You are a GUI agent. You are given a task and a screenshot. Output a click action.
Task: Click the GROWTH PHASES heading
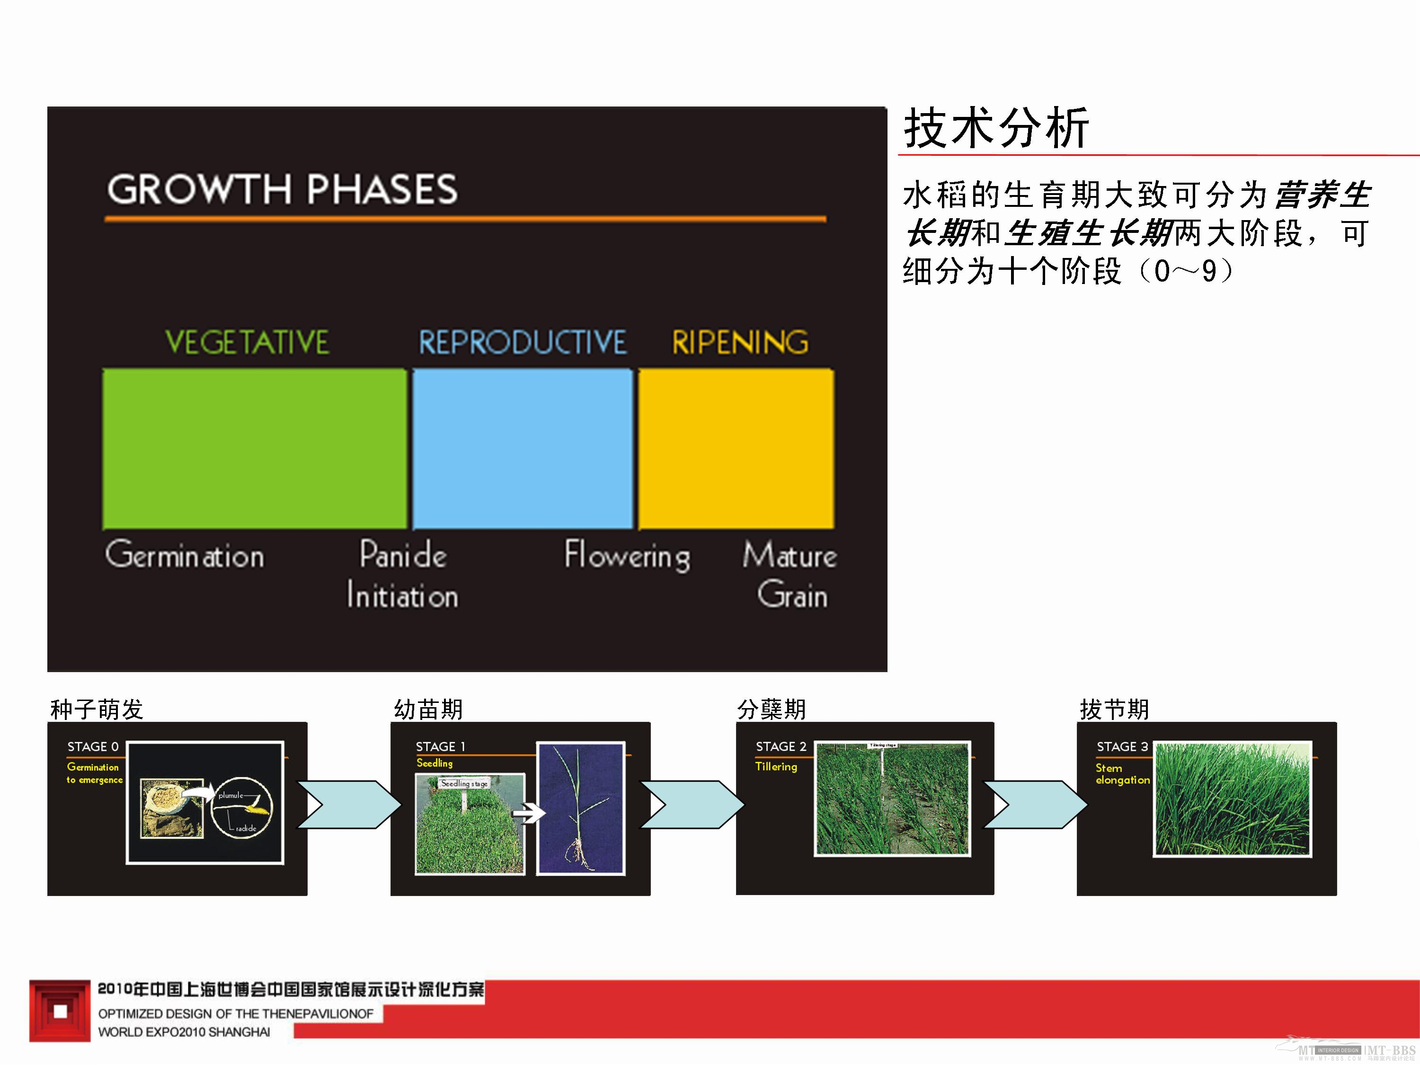pos(283,189)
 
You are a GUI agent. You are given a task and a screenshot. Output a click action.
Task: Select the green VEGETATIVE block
pos(254,448)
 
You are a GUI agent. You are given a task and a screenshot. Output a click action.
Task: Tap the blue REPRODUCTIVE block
pos(522,448)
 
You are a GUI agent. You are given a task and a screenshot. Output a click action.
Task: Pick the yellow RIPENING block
pos(736,448)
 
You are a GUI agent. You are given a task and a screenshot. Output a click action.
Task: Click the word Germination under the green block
pos(185,555)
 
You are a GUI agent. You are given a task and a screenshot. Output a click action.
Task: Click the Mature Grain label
pos(790,575)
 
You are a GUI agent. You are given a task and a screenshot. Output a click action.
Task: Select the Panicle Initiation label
pos(402,575)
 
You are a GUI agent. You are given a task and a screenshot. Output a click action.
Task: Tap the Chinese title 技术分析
pos(996,128)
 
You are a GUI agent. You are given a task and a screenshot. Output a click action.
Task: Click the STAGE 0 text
pos(93,746)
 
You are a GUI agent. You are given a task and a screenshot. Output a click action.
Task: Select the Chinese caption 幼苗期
pos(428,710)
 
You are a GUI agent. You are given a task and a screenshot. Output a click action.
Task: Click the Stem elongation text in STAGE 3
pos(1122,773)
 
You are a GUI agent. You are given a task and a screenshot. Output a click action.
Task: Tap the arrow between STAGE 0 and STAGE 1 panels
pos(348,804)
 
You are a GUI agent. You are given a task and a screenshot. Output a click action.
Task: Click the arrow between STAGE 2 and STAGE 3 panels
pos(1034,804)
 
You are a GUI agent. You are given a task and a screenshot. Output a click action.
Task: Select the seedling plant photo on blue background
pos(580,808)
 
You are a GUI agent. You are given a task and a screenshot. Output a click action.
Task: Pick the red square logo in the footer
pos(60,1011)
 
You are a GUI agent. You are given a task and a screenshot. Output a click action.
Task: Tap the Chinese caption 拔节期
pos(1114,710)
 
